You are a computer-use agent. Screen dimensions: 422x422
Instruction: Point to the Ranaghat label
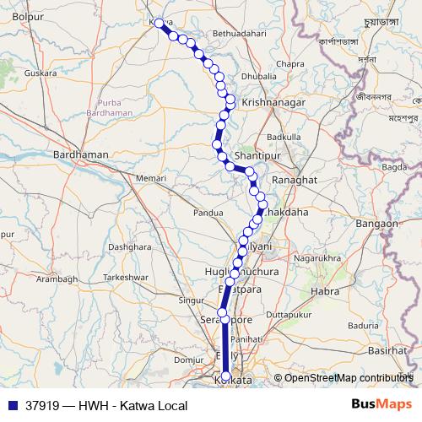[294, 181]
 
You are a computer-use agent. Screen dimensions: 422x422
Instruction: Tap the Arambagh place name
[56, 279]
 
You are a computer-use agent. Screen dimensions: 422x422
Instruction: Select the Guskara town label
[41, 73]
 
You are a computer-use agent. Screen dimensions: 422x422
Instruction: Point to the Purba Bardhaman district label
[109, 105]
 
